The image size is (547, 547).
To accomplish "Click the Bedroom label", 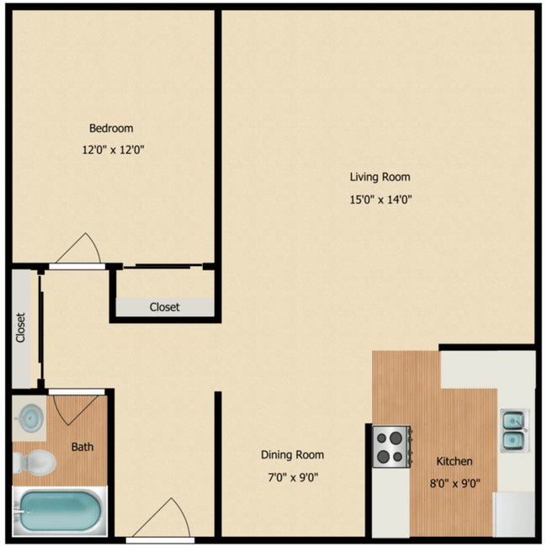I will (x=111, y=129).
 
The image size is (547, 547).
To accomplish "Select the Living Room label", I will (x=380, y=177).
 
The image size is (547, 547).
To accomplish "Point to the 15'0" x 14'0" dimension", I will (x=380, y=199).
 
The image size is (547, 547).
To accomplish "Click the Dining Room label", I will (x=292, y=455).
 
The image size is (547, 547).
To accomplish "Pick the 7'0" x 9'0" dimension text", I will (x=292, y=478).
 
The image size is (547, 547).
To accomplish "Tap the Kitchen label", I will (x=454, y=461).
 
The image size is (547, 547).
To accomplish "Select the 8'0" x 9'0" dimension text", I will (x=454, y=484).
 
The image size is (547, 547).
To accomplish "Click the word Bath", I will (x=82, y=447).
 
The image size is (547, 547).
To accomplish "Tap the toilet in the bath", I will (x=35, y=461).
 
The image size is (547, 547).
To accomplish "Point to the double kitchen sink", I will (x=514, y=430).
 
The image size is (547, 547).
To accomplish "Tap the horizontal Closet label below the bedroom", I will (x=164, y=307).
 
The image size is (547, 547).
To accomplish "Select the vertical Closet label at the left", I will (x=21, y=328).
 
